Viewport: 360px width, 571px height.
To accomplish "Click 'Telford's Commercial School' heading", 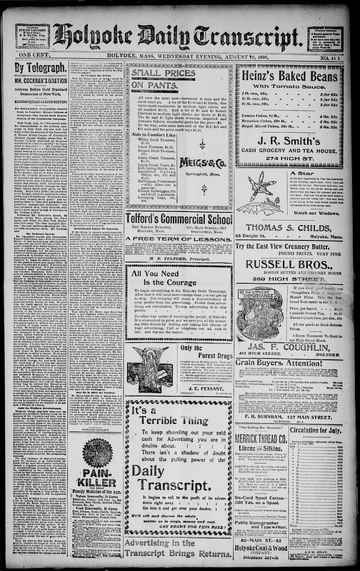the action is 179,220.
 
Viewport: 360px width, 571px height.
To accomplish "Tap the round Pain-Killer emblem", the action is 98,453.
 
